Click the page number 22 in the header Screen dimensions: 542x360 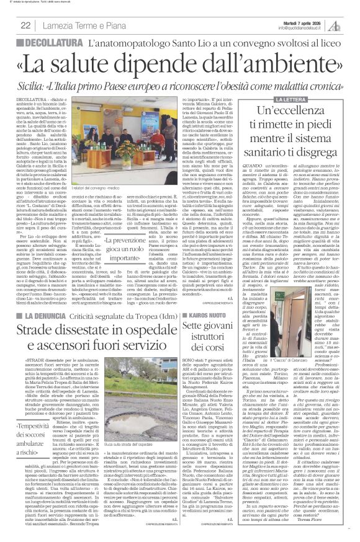tap(26, 25)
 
